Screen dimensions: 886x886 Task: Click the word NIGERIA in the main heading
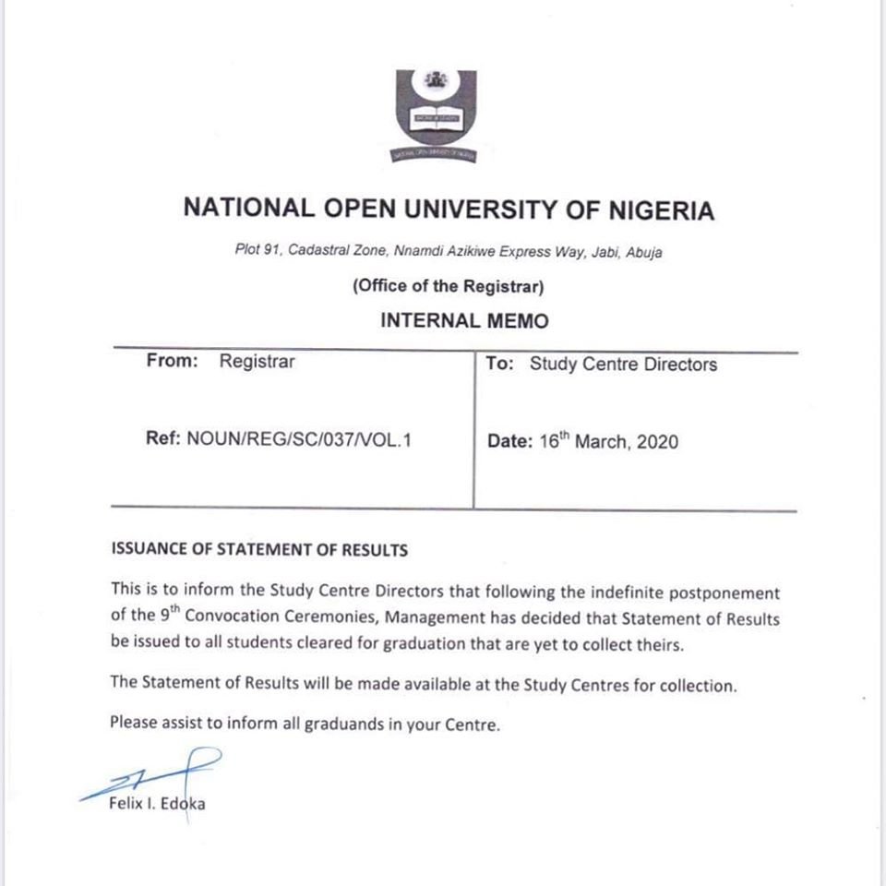coord(661,210)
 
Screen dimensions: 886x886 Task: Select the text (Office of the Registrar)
coord(449,287)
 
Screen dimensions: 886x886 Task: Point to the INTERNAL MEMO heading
coord(464,321)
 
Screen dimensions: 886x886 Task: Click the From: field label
coord(172,362)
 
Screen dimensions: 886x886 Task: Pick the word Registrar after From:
coord(257,362)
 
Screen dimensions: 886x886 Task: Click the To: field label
coord(499,365)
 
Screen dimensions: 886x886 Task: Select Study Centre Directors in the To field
coord(623,365)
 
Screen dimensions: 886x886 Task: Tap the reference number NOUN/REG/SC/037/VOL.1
coord(299,439)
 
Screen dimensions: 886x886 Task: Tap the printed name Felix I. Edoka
coord(157,804)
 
